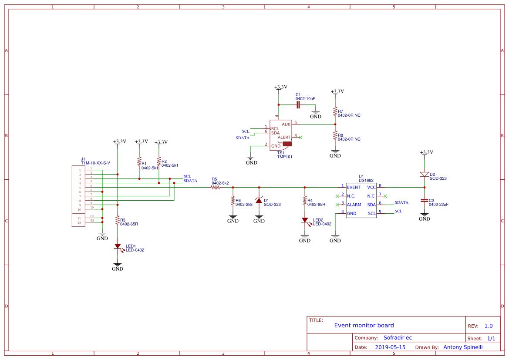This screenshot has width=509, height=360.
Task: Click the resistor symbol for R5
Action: point(216,188)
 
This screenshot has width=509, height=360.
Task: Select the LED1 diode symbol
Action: point(117,246)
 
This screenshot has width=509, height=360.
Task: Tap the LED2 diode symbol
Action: point(305,221)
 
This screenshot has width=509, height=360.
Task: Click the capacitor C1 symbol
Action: point(298,104)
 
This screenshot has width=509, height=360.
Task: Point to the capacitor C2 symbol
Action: point(424,201)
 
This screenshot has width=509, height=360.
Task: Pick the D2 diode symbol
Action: point(424,174)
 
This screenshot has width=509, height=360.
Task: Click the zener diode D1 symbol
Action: point(259,200)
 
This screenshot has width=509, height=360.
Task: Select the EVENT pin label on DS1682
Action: point(354,187)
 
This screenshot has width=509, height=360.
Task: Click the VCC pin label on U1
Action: point(371,187)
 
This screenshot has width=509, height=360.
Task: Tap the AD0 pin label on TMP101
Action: point(286,124)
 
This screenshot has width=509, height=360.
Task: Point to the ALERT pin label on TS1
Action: point(284,138)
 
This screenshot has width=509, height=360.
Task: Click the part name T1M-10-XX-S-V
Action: point(95,163)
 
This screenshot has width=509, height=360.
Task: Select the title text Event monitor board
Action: point(364,326)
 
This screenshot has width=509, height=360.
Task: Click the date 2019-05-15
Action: point(390,347)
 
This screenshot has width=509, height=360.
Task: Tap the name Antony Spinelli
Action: point(462,347)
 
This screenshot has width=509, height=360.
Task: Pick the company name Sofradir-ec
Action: point(398,338)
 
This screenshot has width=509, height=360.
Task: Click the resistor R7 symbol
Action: point(335,112)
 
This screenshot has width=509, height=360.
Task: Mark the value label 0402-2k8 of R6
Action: point(244,204)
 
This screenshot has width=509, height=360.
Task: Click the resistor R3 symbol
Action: point(117,221)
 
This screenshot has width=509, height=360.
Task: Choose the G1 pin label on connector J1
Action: point(92,216)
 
